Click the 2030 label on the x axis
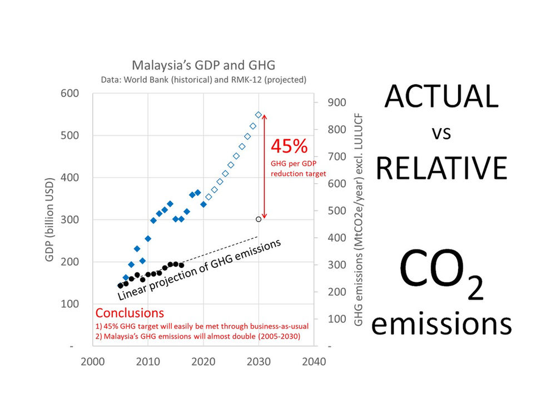coord(259,361)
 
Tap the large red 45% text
coord(289,146)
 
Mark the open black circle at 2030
coord(259,219)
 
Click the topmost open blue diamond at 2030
coord(259,115)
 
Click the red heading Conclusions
coord(130,312)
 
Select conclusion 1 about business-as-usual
coord(202,326)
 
